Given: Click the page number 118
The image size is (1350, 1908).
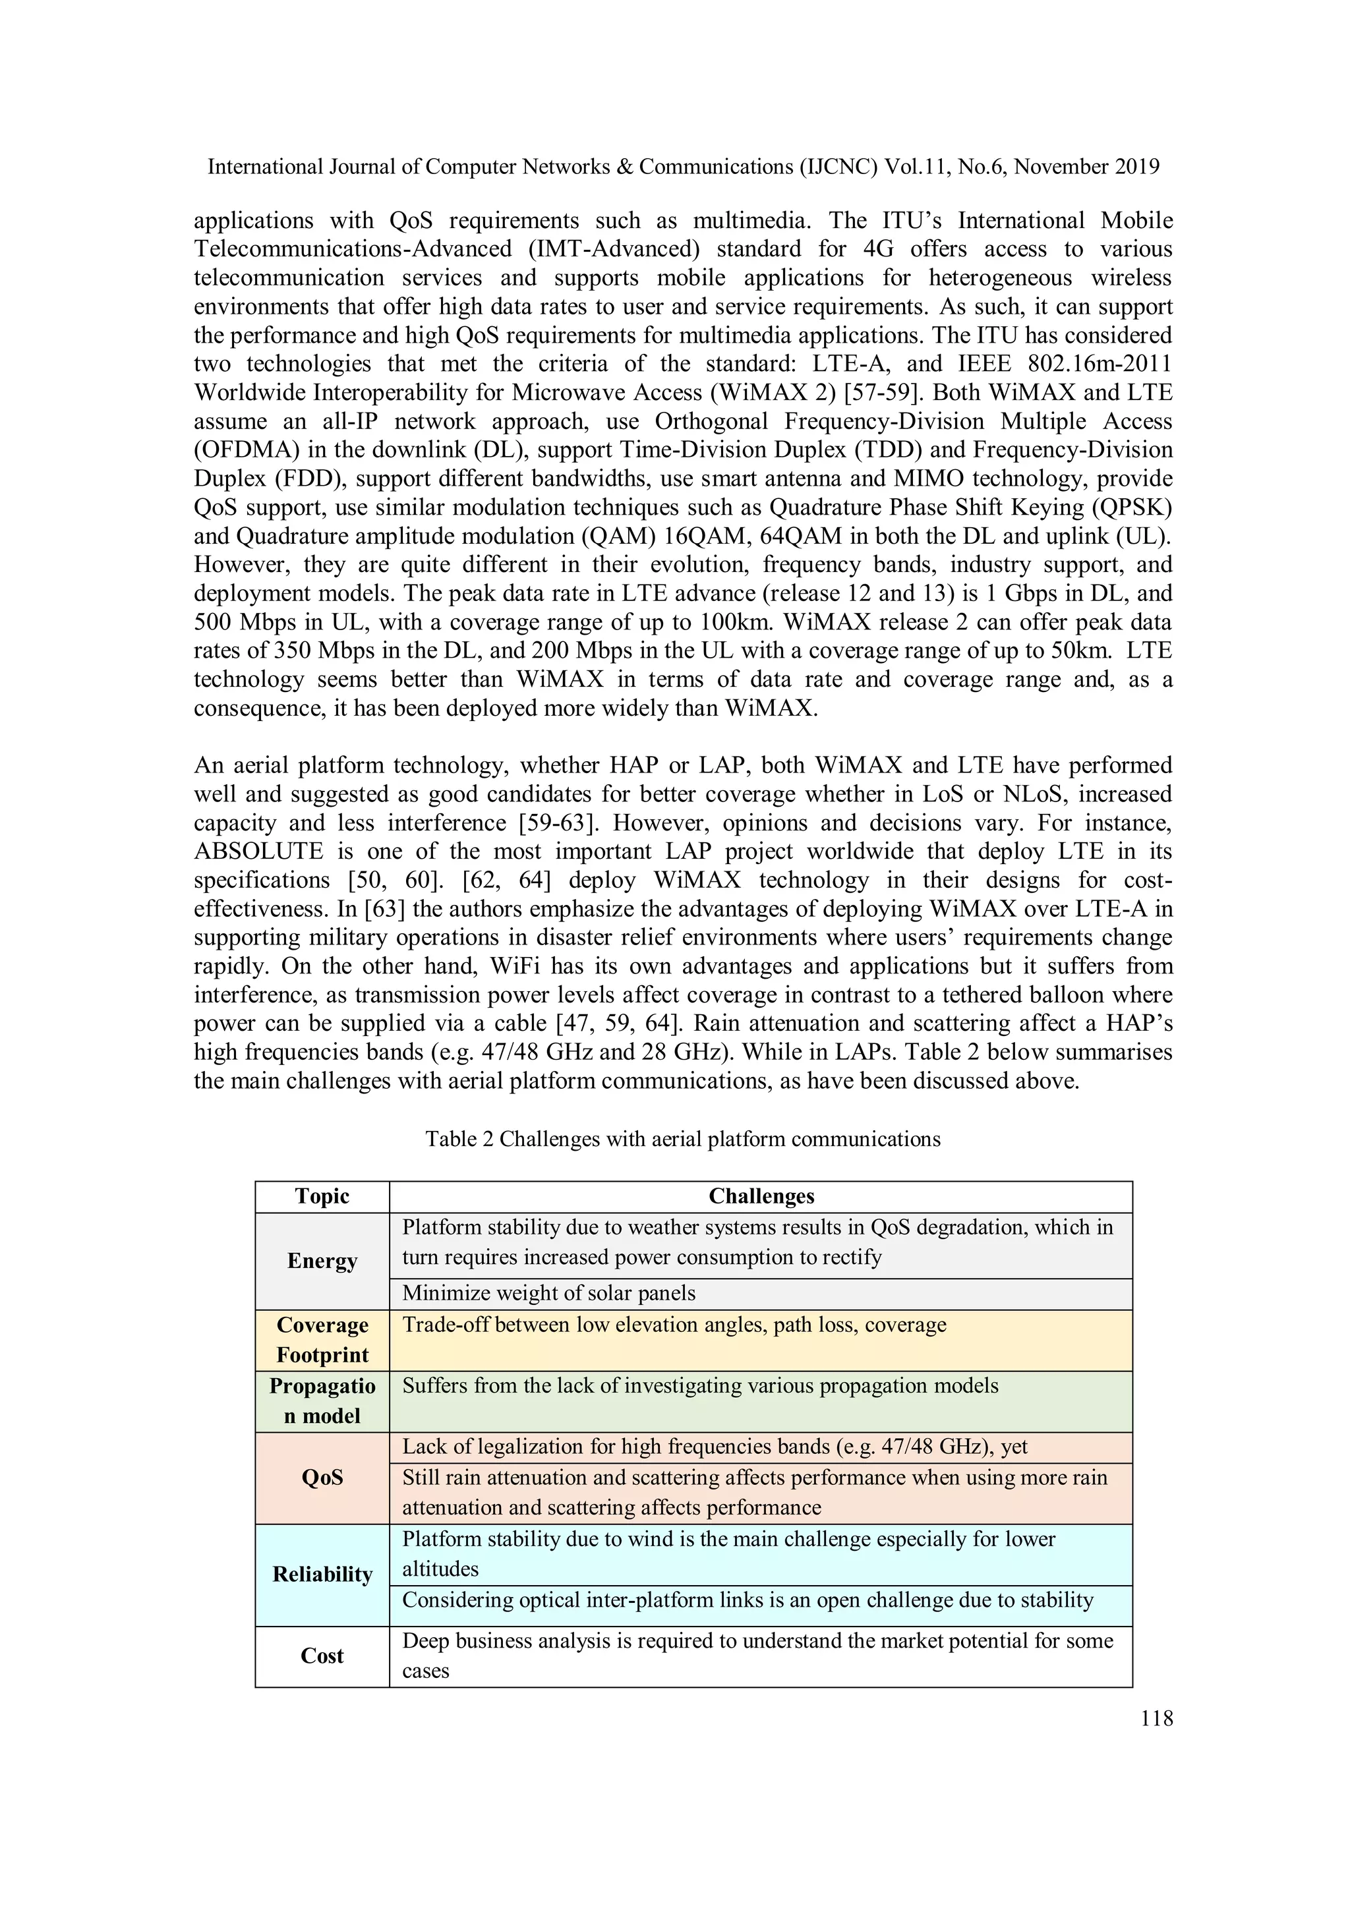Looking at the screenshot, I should click(x=1156, y=1719).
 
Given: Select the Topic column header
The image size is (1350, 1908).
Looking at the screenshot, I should click(x=322, y=1196).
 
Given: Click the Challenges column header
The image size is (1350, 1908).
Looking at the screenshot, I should click(x=761, y=1196).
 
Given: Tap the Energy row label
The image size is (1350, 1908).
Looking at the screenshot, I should click(x=322, y=1261).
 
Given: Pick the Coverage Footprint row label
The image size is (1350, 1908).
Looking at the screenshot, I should click(x=322, y=1340).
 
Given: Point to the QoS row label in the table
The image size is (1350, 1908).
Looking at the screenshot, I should click(x=322, y=1478).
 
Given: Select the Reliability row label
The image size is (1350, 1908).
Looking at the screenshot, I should click(x=322, y=1574).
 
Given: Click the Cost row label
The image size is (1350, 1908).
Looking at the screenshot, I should click(x=322, y=1656).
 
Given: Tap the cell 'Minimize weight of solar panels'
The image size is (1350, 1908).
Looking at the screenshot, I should click(x=548, y=1293).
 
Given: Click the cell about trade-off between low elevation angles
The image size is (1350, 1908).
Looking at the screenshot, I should click(x=673, y=1325).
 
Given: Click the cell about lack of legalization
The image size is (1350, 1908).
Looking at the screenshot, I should click(x=715, y=1447).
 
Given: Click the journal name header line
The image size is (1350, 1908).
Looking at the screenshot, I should click(x=682, y=167).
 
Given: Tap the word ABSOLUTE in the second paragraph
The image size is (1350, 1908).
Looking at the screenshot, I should click(x=258, y=851).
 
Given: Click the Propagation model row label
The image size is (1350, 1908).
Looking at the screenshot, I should click(x=322, y=1401).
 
